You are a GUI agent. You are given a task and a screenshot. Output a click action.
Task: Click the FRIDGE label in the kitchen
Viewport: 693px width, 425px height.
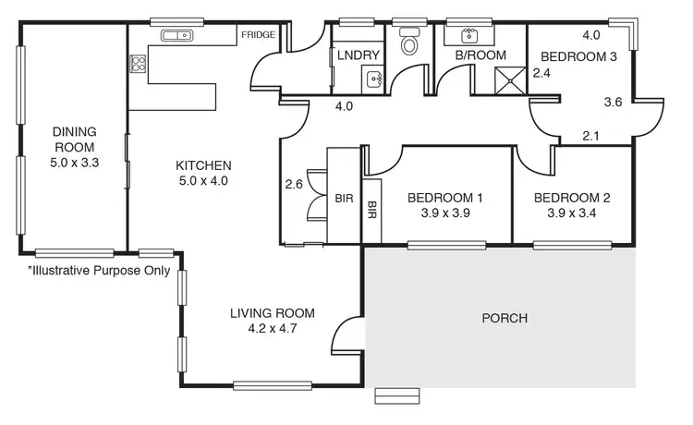pyautogui.click(x=258, y=35)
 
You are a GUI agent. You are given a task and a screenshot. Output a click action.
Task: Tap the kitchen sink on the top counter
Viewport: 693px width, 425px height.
pyautogui.click(x=175, y=36)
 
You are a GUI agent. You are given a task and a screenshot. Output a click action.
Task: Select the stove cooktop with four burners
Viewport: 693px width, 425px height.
pyautogui.click(x=138, y=64)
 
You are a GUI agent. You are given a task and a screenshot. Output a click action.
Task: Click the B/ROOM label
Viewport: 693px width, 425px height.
pyautogui.click(x=480, y=55)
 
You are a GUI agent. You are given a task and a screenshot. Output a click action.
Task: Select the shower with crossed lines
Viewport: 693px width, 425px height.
pyautogui.click(x=508, y=80)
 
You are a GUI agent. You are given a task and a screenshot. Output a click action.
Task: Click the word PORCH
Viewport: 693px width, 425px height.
pyautogui.click(x=505, y=319)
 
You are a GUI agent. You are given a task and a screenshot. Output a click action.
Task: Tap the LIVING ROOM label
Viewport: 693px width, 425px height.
pyautogui.click(x=272, y=312)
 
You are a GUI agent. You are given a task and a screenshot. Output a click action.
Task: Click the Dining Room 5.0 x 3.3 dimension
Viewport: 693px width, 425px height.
pyautogui.click(x=74, y=161)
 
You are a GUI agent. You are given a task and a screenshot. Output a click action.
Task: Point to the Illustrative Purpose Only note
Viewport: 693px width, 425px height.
pyautogui.click(x=99, y=271)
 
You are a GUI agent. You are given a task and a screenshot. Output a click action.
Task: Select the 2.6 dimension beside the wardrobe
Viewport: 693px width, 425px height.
pyautogui.click(x=295, y=183)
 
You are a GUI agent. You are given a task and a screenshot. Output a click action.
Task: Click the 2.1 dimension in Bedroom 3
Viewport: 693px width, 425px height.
pyautogui.click(x=591, y=137)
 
